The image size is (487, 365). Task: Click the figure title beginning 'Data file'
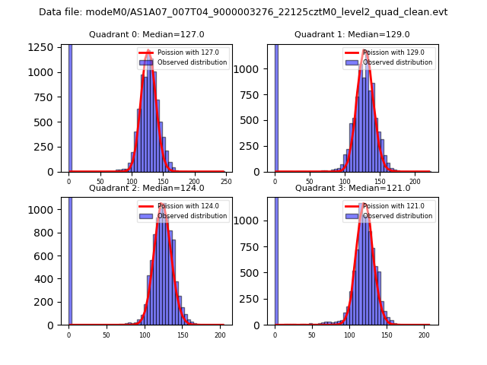[x=243, y=12]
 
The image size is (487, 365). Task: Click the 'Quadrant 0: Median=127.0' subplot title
[x=147, y=34]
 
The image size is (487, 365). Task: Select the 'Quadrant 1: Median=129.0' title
[x=352, y=34]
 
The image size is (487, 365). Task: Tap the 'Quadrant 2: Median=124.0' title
[x=147, y=188]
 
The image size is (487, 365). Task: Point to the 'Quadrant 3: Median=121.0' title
[x=352, y=188]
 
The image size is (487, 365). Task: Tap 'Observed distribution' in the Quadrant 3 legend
[x=397, y=216]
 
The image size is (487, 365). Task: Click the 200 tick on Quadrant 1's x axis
[x=415, y=182]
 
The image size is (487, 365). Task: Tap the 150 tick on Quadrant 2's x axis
[x=183, y=335]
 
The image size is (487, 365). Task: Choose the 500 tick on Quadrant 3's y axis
[x=256, y=273]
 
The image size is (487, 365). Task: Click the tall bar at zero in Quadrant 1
[x=276, y=106]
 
